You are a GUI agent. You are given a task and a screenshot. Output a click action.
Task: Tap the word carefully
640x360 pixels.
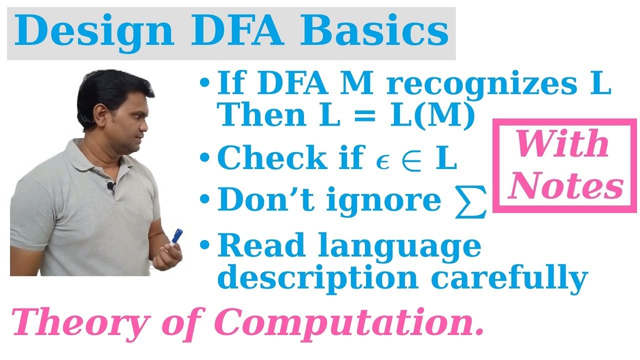click(510, 278)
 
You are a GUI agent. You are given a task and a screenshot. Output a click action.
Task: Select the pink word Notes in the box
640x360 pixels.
click(568, 186)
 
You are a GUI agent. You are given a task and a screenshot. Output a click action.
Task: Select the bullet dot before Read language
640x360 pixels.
click(204, 246)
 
